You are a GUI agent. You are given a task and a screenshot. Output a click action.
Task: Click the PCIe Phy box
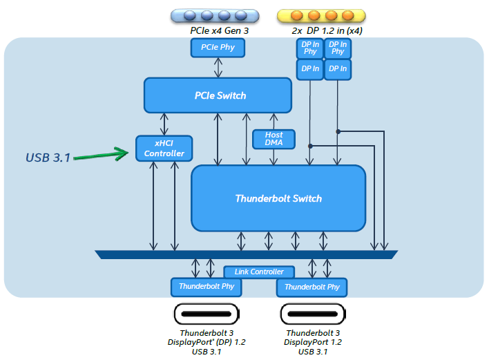click(x=218, y=48)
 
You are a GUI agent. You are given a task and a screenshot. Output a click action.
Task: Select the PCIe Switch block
click(x=218, y=95)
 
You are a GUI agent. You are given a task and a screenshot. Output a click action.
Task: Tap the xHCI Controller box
click(x=164, y=148)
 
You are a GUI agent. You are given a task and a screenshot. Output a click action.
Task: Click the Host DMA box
click(x=274, y=139)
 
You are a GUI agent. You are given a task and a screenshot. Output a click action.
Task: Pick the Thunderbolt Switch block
click(x=278, y=198)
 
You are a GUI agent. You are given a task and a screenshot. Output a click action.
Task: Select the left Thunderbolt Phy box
click(x=206, y=286)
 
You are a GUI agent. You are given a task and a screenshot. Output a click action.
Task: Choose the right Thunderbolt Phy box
click(x=312, y=287)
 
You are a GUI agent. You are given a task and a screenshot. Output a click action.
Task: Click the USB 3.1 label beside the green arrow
click(x=48, y=158)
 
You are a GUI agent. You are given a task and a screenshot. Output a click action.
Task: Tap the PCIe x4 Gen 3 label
click(x=219, y=31)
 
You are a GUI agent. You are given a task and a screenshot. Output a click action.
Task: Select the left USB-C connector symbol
click(x=206, y=314)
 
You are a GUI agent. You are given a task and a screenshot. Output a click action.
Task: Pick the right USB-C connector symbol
click(x=313, y=314)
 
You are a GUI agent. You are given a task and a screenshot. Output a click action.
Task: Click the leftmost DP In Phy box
click(x=309, y=48)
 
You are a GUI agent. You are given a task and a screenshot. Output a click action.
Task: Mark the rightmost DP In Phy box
click(x=338, y=48)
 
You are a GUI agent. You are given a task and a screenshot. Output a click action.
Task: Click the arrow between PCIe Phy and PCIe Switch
click(x=218, y=68)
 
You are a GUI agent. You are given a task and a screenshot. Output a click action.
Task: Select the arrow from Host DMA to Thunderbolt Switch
click(x=274, y=157)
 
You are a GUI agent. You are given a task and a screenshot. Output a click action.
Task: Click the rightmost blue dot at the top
click(x=240, y=15)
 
